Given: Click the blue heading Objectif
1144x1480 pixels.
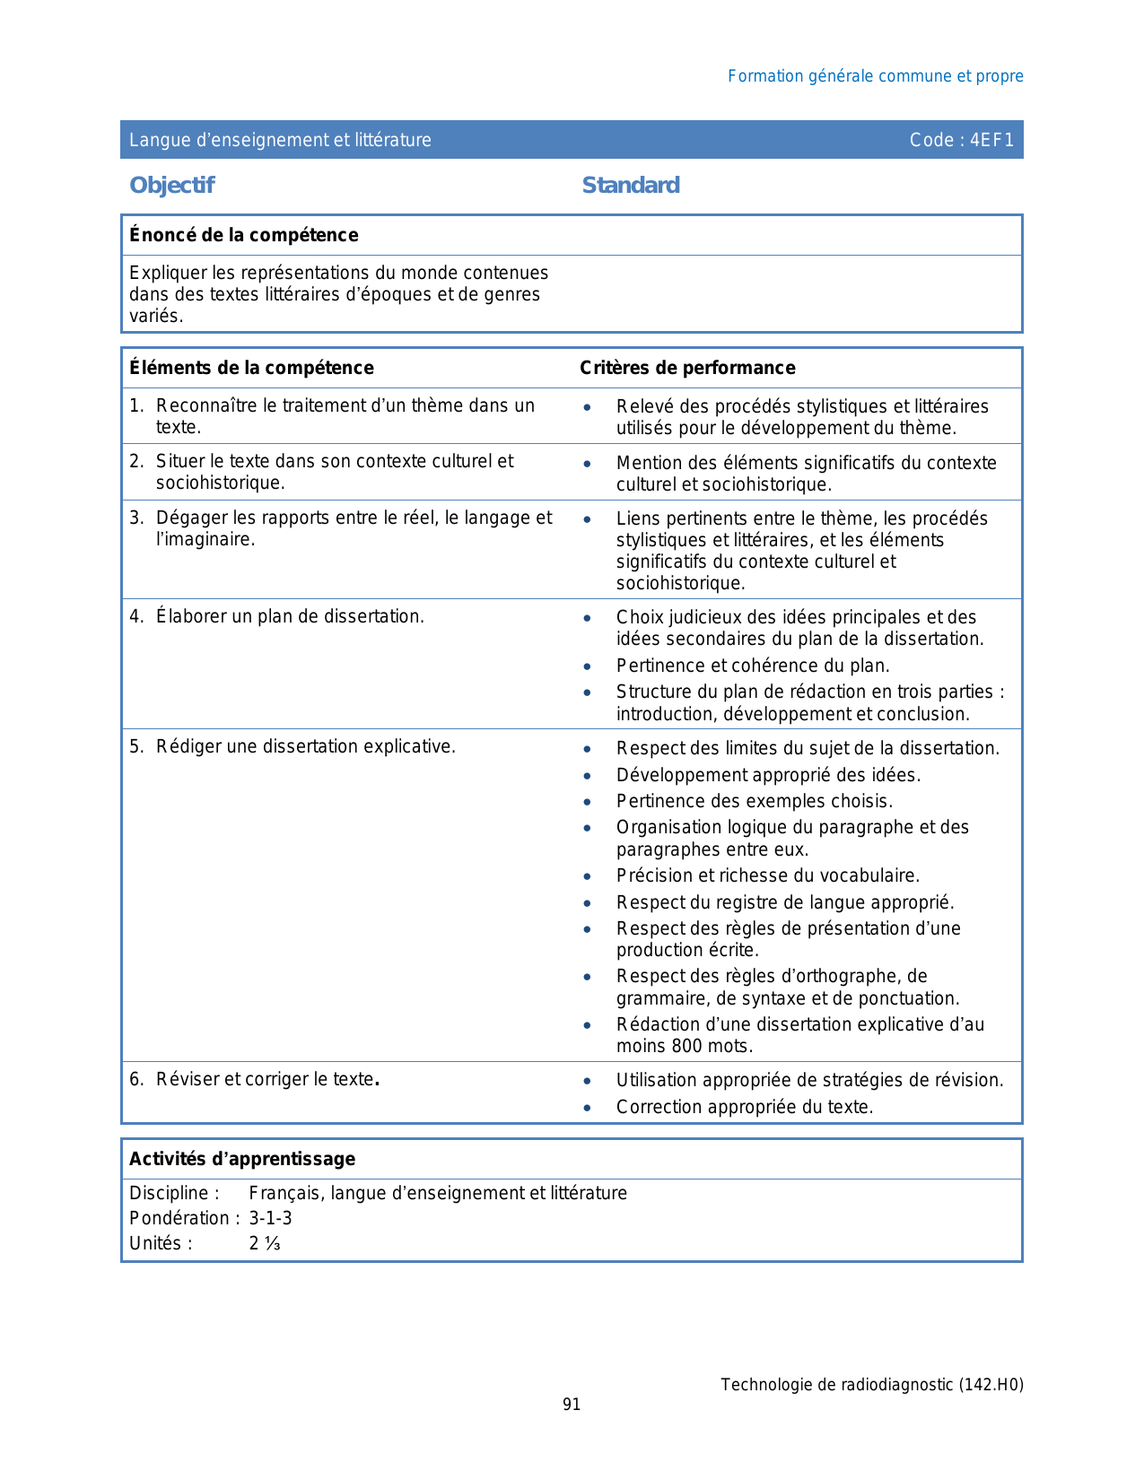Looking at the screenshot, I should tap(171, 185).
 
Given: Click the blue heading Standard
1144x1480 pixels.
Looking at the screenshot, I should tap(631, 185).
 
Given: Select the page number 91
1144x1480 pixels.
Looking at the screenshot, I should tap(572, 1405).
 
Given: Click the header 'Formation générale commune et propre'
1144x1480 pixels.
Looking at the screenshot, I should tap(875, 76).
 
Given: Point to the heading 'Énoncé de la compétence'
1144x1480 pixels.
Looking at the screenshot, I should tap(243, 235).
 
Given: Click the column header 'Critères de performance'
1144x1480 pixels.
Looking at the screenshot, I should tap(687, 368).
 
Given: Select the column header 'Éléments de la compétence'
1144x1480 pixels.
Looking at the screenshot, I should tap(251, 368).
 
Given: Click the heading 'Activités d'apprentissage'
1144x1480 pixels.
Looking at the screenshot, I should tap(242, 1159).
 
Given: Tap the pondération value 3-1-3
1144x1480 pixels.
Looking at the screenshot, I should tap(270, 1218).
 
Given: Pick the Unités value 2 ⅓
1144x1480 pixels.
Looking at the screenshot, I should tap(265, 1243).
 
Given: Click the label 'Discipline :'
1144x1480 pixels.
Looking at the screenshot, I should tap(174, 1193).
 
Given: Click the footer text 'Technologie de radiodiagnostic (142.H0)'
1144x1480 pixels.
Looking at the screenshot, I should tap(871, 1384).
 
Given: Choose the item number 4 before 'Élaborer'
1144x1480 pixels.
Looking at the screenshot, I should tap(135, 616).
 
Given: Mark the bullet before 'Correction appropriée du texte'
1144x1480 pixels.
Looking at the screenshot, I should tap(587, 1108).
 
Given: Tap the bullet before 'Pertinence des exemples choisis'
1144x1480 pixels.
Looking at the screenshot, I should tap(587, 802).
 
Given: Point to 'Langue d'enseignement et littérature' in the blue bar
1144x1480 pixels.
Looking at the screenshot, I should tap(280, 140).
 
